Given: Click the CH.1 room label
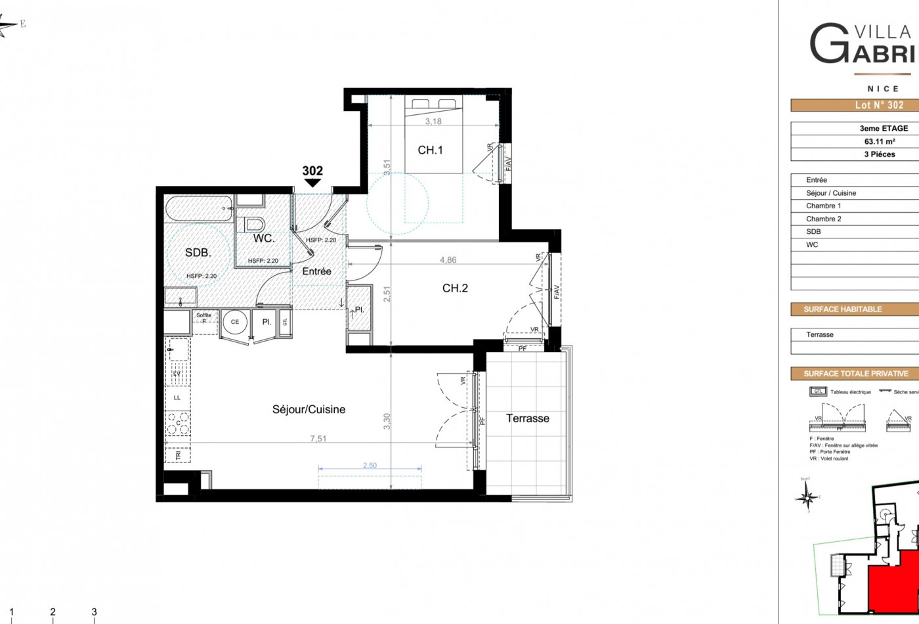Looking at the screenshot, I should click(430, 150).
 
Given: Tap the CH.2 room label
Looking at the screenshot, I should click(455, 288).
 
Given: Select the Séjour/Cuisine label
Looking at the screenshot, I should click(309, 409).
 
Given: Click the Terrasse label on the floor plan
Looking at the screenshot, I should click(527, 418).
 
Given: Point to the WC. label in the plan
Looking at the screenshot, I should click(264, 238).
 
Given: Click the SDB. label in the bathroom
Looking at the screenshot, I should click(198, 253).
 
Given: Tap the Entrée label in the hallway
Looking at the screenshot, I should click(316, 271).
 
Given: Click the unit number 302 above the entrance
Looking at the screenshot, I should click(312, 171).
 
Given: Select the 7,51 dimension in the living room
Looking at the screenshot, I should click(318, 439).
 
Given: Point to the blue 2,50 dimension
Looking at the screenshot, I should click(370, 466).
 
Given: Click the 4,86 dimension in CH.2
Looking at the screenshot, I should click(448, 260).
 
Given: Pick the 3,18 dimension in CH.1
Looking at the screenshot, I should click(433, 122).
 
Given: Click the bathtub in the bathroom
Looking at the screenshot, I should click(199, 210).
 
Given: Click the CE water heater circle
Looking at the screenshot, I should click(235, 322).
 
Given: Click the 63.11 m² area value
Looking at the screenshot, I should click(880, 141).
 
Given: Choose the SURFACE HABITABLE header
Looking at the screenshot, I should click(843, 309).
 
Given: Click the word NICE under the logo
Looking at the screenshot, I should click(883, 89).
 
